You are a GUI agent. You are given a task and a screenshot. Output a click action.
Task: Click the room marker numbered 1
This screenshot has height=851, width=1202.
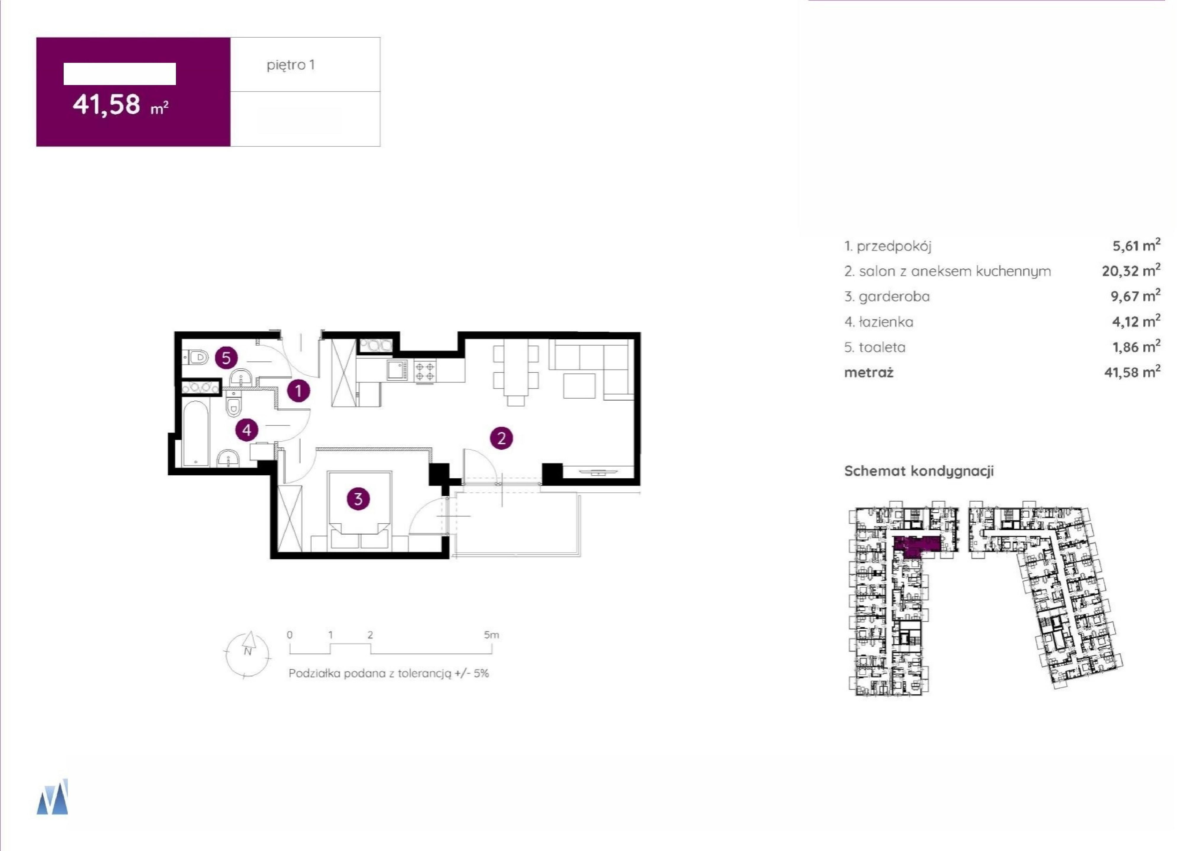(299, 391)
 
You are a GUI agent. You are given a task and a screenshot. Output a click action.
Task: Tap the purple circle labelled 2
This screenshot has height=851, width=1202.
(501, 438)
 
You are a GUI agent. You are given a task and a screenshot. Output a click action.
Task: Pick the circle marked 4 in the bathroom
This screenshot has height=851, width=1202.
(247, 430)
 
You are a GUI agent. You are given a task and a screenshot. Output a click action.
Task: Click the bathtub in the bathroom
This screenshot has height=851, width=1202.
(195, 434)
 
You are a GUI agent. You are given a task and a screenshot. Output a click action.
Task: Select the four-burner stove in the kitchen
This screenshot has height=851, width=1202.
(425, 370)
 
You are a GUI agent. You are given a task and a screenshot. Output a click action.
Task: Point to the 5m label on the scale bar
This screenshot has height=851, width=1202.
(491, 635)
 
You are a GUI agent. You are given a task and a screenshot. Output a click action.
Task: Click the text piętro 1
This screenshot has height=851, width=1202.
(291, 65)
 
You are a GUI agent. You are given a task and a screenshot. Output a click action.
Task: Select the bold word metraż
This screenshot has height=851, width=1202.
(869, 372)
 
